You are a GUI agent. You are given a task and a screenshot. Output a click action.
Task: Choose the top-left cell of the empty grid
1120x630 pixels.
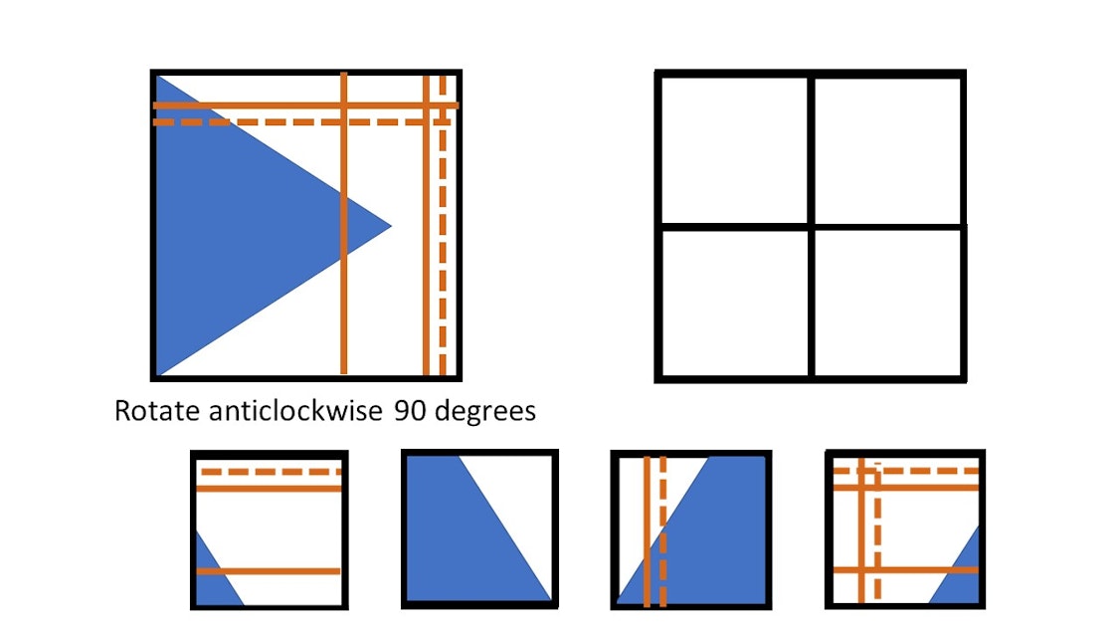tap(734, 149)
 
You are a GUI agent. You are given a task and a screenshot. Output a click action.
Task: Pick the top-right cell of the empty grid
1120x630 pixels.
tap(887, 149)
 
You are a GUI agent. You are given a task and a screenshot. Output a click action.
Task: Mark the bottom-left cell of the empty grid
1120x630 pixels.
tap(734, 303)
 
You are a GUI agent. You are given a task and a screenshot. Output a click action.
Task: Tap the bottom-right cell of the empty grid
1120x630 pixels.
tap(887, 303)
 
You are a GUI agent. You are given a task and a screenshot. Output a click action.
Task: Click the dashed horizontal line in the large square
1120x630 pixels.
tap(298, 122)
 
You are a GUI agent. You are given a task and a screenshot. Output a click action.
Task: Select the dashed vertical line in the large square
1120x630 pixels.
tap(443, 249)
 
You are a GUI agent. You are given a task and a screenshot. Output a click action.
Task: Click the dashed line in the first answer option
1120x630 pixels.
tap(269, 472)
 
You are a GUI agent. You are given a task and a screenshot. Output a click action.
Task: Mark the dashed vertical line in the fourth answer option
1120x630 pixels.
tap(877, 537)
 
